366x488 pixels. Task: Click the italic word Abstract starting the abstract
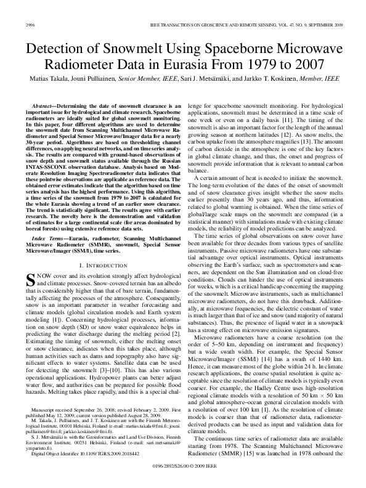point(43,106)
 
